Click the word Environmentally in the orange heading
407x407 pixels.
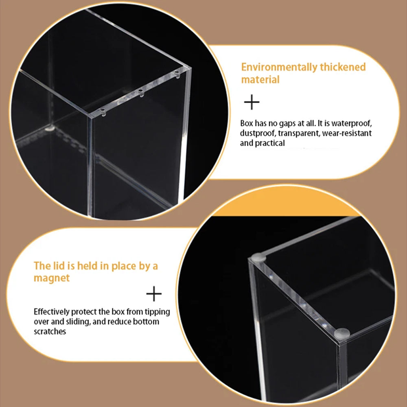279,67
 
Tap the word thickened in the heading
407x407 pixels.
343,67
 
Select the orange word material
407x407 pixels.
260,79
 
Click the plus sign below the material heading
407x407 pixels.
252,102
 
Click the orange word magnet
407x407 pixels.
52,278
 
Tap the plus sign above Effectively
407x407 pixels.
154,293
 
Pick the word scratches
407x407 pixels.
50,331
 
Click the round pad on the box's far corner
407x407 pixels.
258,257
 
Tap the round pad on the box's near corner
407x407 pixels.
342,334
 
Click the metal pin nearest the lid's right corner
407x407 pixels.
177,73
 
